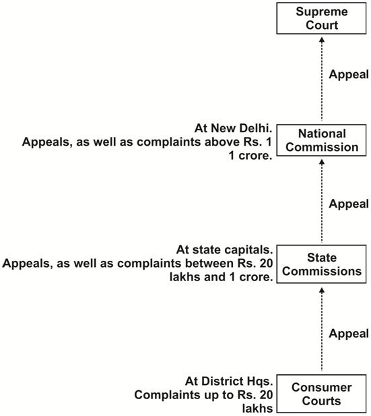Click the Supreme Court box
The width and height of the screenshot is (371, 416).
(x=321, y=18)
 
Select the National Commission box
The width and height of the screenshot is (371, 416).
(x=321, y=140)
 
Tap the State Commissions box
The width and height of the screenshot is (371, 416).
(x=321, y=264)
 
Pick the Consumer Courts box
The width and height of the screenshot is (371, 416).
(x=321, y=394)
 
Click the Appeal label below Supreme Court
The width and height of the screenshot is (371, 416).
(x=349, y=75)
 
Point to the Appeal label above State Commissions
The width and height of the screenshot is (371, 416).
(x=349, y=204)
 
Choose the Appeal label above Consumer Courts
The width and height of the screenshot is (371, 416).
(x=349, y=334)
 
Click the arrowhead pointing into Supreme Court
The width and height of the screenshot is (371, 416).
(x=322, y=40)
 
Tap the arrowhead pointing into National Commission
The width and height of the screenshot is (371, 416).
(x=322, y=162)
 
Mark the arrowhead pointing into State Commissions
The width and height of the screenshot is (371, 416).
(x=322, y=290)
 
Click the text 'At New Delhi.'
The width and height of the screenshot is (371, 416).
(x=234, y=128)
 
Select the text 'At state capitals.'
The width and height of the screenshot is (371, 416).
(x=225, y=250)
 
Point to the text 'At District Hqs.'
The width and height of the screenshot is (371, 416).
(x=229, y=382)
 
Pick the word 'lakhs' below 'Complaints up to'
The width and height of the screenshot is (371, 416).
(x=257, y=409)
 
